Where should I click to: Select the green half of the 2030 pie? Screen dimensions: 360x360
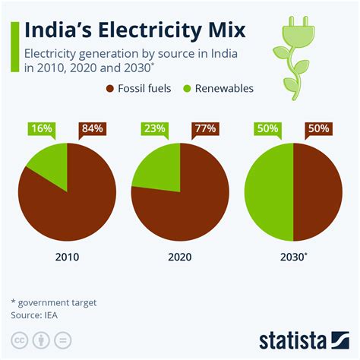(269, 192)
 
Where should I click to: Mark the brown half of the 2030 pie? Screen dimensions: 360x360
(317, 192)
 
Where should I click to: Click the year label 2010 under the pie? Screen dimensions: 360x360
(67, 257)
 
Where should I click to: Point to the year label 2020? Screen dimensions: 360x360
(179, 257)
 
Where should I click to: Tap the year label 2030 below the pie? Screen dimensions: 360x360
(292, 257)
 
